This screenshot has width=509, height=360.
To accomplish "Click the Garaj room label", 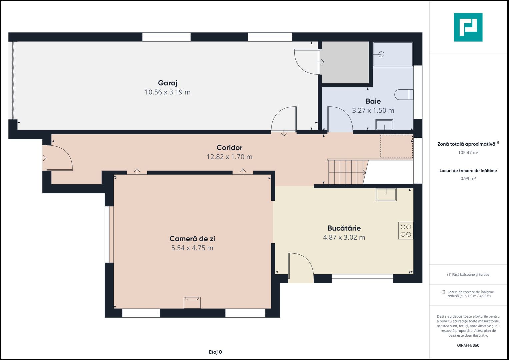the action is coord(167,83).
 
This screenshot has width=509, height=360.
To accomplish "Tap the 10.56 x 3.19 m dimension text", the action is coord(167,92).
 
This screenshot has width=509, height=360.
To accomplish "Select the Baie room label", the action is coord(373,101).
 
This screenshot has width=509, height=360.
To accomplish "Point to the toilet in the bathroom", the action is coord(404,95).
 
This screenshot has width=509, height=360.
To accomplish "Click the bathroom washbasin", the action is coord(384,125).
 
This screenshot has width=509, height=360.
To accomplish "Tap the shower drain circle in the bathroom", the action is coord(382,54).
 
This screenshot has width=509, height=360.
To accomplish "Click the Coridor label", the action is coord(229,147).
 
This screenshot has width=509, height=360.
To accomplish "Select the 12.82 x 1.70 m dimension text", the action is coord(229,157).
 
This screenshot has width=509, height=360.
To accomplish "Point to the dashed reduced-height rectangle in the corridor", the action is coord(397,146).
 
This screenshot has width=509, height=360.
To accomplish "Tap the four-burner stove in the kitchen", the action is coord(406,230).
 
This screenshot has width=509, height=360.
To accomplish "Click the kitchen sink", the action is coord(386,195).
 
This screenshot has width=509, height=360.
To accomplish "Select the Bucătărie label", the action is coord(344,228).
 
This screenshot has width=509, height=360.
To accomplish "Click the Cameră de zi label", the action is coord(192,239).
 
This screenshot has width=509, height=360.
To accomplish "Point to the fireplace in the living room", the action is coord(192,303).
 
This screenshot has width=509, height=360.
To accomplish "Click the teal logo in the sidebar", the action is coord(468,27).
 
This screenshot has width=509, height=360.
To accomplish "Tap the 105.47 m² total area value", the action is coord(468,153).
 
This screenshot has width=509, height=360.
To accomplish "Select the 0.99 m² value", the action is coord(468,178).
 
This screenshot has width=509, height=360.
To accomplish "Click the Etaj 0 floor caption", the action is coord(215,352).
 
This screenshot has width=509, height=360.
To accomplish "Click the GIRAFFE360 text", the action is coord(468,345).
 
